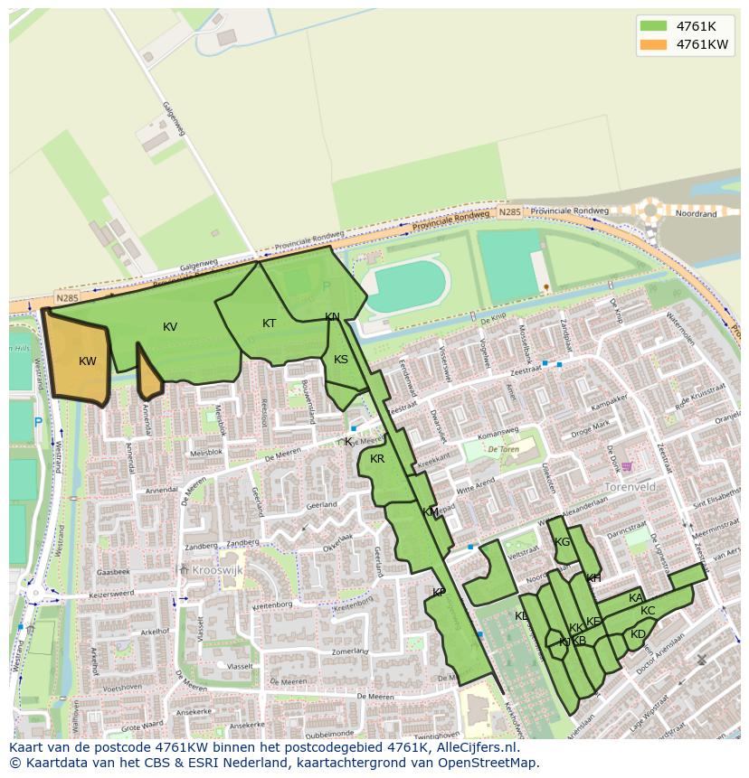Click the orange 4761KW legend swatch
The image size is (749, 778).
pyautogui.click(x=651, y=44)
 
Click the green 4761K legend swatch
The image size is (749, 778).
pyautogui.click(x=651, y=25)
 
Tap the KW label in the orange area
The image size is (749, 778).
pyautogui.click(x=88, y=361)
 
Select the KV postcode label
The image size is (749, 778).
pyautogui.click(x=170, y=327)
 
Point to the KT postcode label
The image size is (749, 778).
pyautogui.click(x=270, y=323)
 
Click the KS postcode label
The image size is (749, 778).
pyautogui.click(x=341, y=360)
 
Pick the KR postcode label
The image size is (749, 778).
pyautogui.click(x=378, y=459)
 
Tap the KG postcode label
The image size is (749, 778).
pyautogui.click(x=563, y=542)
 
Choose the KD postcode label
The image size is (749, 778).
pyautogui.click(x=639, y=634)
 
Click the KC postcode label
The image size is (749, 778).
pyautogui.click(x=648, y=611)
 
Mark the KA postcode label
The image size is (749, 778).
pyautogui.click(x=636, y=598)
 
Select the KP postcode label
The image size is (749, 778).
pyautogui.click(x=439, y=593)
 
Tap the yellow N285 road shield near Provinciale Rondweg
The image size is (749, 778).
pyautogui.click(x=509, y=213)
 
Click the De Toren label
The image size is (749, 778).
pyautogui.click(x=504, y=448)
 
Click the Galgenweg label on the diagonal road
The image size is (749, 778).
pyautogui.click(x=174, y=120)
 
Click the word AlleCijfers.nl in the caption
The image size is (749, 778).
pyautogui.click(x=474, y=748)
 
